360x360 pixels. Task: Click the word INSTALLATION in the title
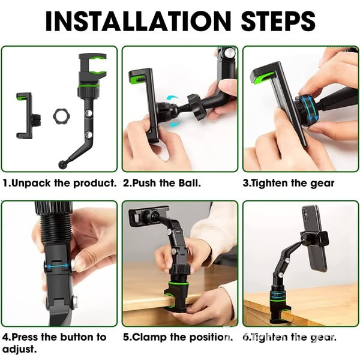(x=137, y=21)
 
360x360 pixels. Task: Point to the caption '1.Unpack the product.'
(x=60, y=183)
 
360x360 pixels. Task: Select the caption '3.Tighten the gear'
(x=289, y=183)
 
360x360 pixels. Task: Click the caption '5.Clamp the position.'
(x=178, y=337)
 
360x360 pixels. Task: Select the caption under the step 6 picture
(x=289, y=337)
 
